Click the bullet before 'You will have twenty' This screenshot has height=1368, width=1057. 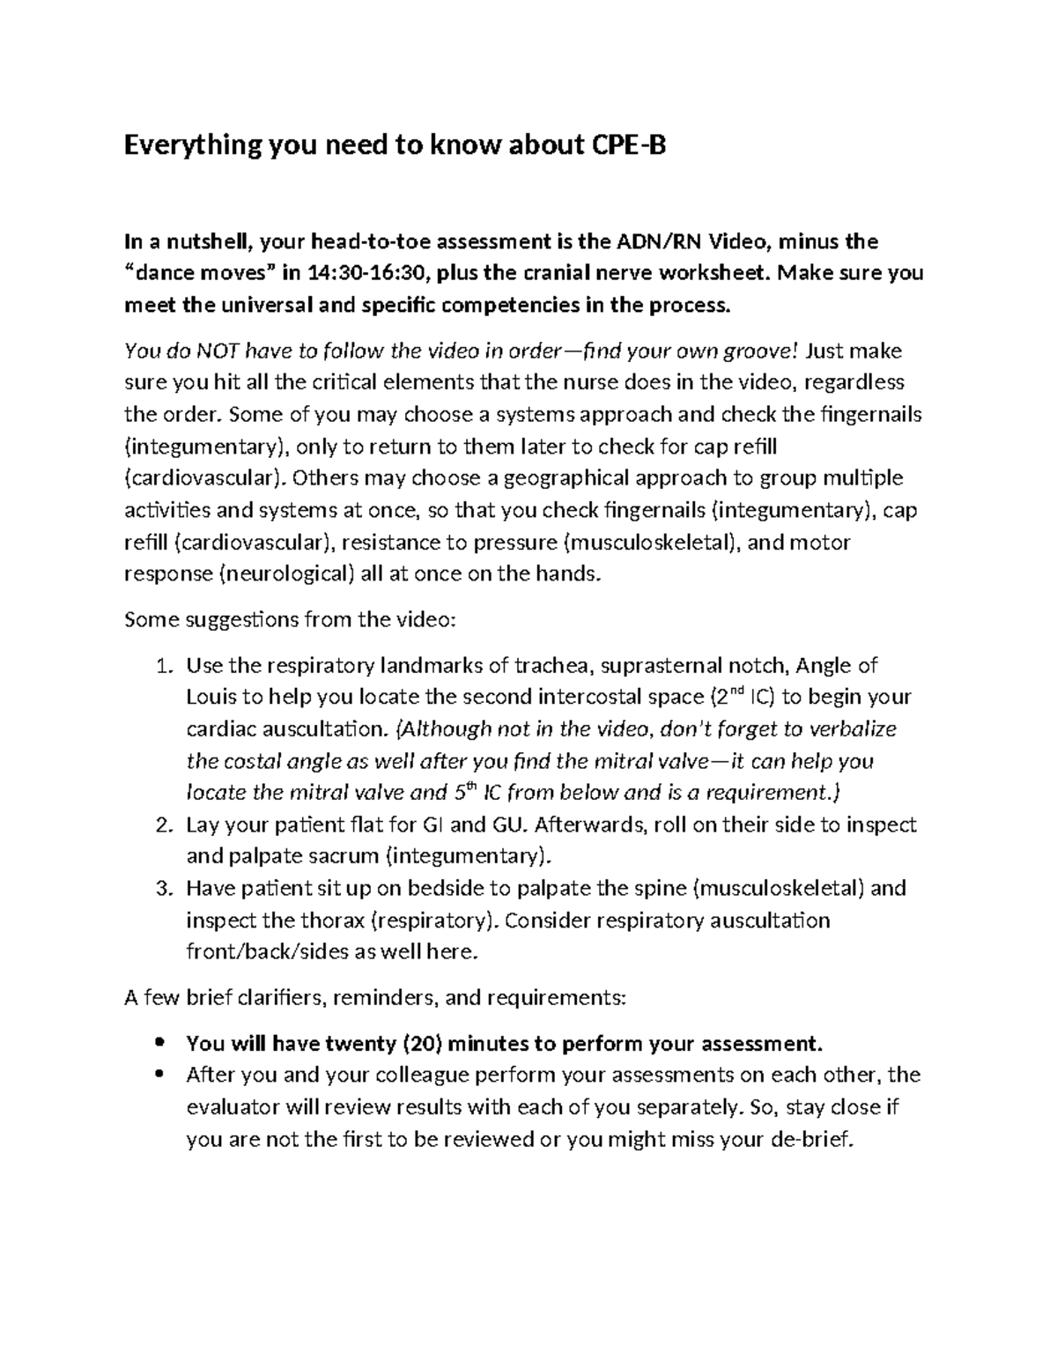[x=159, y=1044]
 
